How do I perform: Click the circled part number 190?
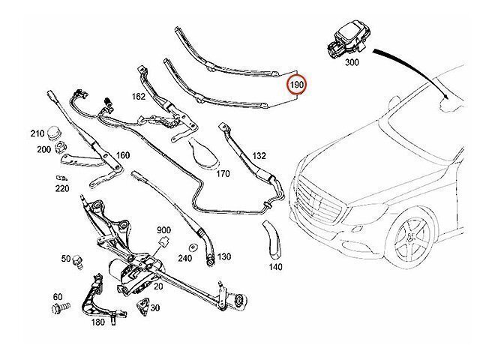[296, 86]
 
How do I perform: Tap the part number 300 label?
[352, 64]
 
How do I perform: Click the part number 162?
[139, 97]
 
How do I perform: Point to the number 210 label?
[37, 133]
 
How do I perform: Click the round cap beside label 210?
[54, 133]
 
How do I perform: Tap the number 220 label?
[61, 189]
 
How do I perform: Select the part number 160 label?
[123, 156]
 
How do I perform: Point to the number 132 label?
[259, 156]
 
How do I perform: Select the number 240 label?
[187, 256]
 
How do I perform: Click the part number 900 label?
[164, 229]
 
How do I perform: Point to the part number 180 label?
[97, 322]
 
